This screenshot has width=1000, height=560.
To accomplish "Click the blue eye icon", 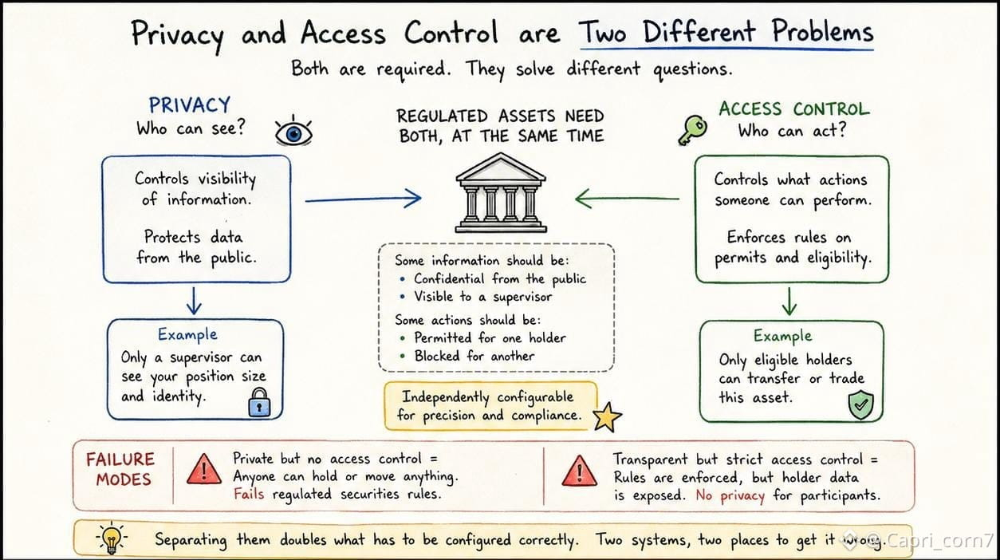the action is click(x=293, y=131).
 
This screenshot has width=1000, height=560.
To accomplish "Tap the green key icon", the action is click(x=692, y=130).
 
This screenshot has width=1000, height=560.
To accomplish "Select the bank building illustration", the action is click(x=501, y=193).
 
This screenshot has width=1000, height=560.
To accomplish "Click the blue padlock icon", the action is click(x=259, y=402).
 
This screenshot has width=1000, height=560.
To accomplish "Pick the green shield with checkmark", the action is click(x=860, y=404).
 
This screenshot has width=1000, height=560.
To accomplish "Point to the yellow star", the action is click(x=607, y=416).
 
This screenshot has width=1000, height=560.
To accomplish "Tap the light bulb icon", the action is click(x=111, y=537).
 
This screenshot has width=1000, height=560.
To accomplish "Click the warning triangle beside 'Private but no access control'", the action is click(x=204, y=469).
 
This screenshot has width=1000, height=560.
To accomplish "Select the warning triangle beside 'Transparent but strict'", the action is click(x=580, y=471).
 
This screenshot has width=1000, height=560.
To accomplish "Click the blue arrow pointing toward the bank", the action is click(x=364, y=199).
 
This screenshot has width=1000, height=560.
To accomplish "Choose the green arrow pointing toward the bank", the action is click(x=628, y=199).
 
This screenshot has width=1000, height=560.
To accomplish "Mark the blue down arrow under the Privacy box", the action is click(x=194, y=301).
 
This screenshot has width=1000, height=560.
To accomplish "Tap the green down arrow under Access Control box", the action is click(x=789, y=302).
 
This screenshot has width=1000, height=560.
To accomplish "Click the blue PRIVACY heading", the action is click(x=190, y=105).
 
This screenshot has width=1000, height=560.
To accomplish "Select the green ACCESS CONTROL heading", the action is click(x=794, y=109).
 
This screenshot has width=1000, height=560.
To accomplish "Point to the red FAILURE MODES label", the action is click(x=121, y=469).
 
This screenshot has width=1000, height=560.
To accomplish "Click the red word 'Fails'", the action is click(x=249, y=494).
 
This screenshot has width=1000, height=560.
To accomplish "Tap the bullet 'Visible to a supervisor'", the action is click(x=482, y=297).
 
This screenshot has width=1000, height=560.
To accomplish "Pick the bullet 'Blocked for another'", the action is click(x=474, y=356).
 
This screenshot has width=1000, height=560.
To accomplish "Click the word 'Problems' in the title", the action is click(x=823, y=32).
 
